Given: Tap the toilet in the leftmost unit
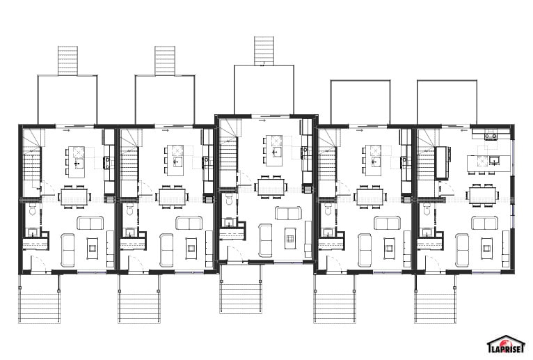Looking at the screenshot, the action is (x=33, y=210).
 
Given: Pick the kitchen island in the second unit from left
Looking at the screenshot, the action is (x=175, y=161).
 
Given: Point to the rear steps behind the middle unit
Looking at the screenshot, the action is (x=264, y=51).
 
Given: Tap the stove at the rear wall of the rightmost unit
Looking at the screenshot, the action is (x=491, y=134).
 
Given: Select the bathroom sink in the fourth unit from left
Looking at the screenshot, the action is (x=328, y=233).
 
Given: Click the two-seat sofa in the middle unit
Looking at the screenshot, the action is (x=288, y=213).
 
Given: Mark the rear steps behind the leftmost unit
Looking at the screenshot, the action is (x=67, y=61).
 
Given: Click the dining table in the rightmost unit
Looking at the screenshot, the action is (x=483, y=195).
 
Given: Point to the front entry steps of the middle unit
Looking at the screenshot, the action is (x=241, y=297).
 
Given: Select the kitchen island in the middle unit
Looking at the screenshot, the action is (x=274, y=150).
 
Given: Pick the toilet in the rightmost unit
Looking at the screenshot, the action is (x=427, y=210).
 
